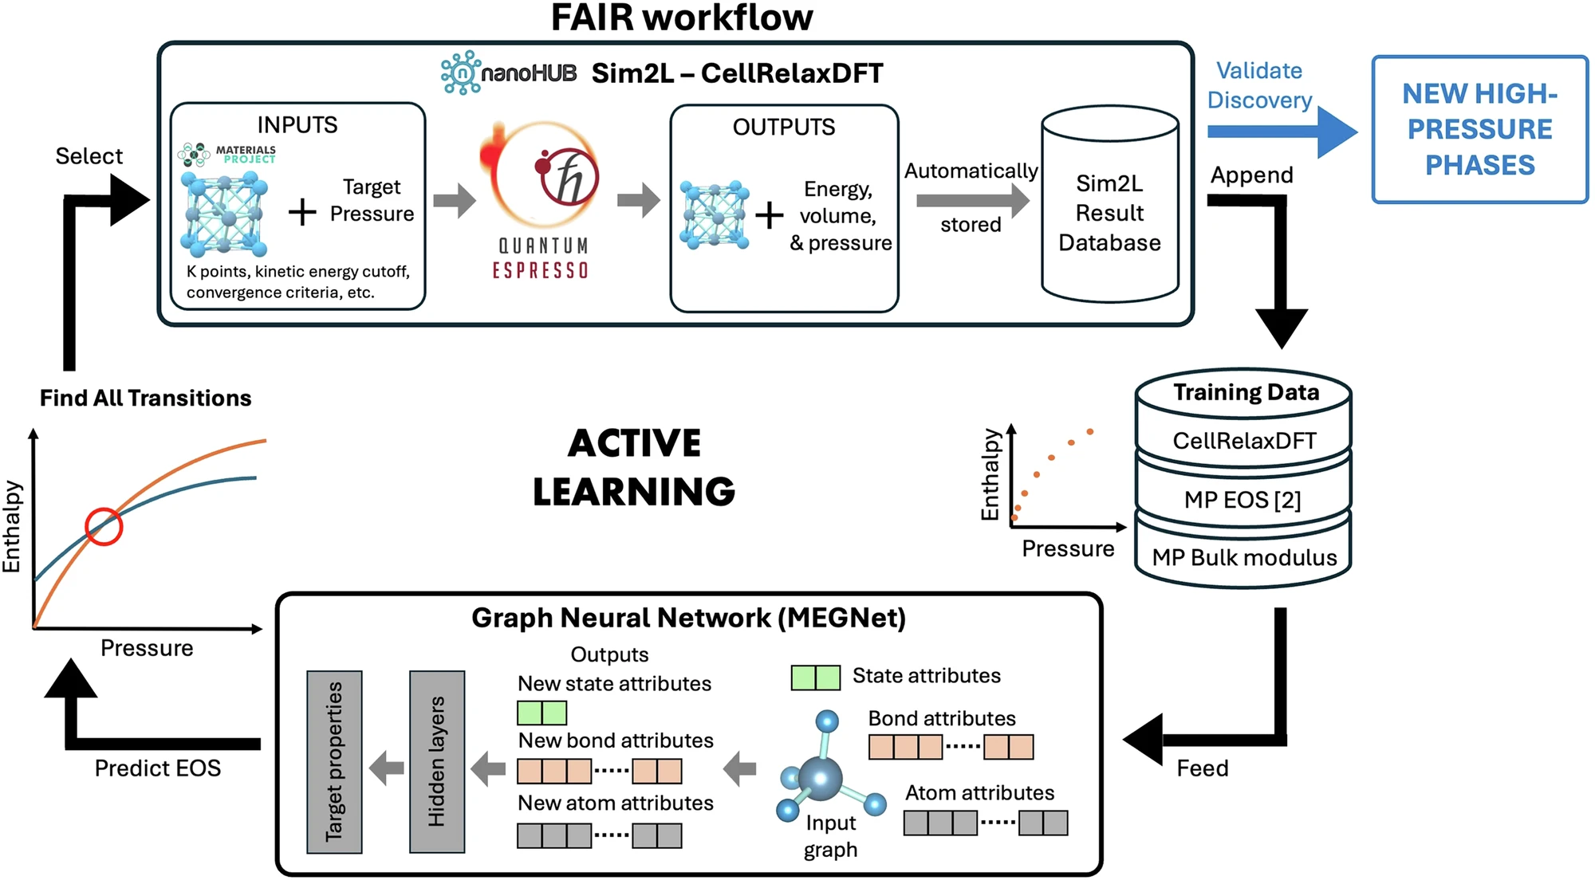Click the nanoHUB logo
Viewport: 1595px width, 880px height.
pyautogui.click(x=509, y=73)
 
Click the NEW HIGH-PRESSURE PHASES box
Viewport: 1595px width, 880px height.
pyautogui.click(x=1479, y=129)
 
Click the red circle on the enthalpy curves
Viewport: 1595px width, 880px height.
pyautogui.click(x=104, y=526)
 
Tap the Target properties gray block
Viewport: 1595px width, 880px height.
pyautogui.click(x=334, y=761)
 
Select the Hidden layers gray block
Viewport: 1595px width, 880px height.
pyautogui.click(x=436, y=761)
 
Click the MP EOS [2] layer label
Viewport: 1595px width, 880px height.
pyautogui.click(x=1242, y=500)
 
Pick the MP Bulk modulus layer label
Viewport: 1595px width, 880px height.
pyautogui.click(x=1244, y=557)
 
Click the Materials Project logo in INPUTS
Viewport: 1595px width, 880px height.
pyautogui.click(x=227, y=153)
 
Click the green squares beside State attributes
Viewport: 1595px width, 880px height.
pyautogui.click(x=815, y=677)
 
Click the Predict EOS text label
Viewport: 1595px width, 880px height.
pyautogui.click(x=158, y=768)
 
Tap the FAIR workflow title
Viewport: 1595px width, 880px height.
pyautogui.click(x=682, y=18)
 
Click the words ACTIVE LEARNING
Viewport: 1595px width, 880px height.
pyautogui.click(x=634, y=467)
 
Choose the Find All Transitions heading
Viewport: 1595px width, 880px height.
pyautogui.click(x=145, y=398)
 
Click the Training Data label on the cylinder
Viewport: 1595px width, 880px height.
pyautogui.click(x=1246, y=392)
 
